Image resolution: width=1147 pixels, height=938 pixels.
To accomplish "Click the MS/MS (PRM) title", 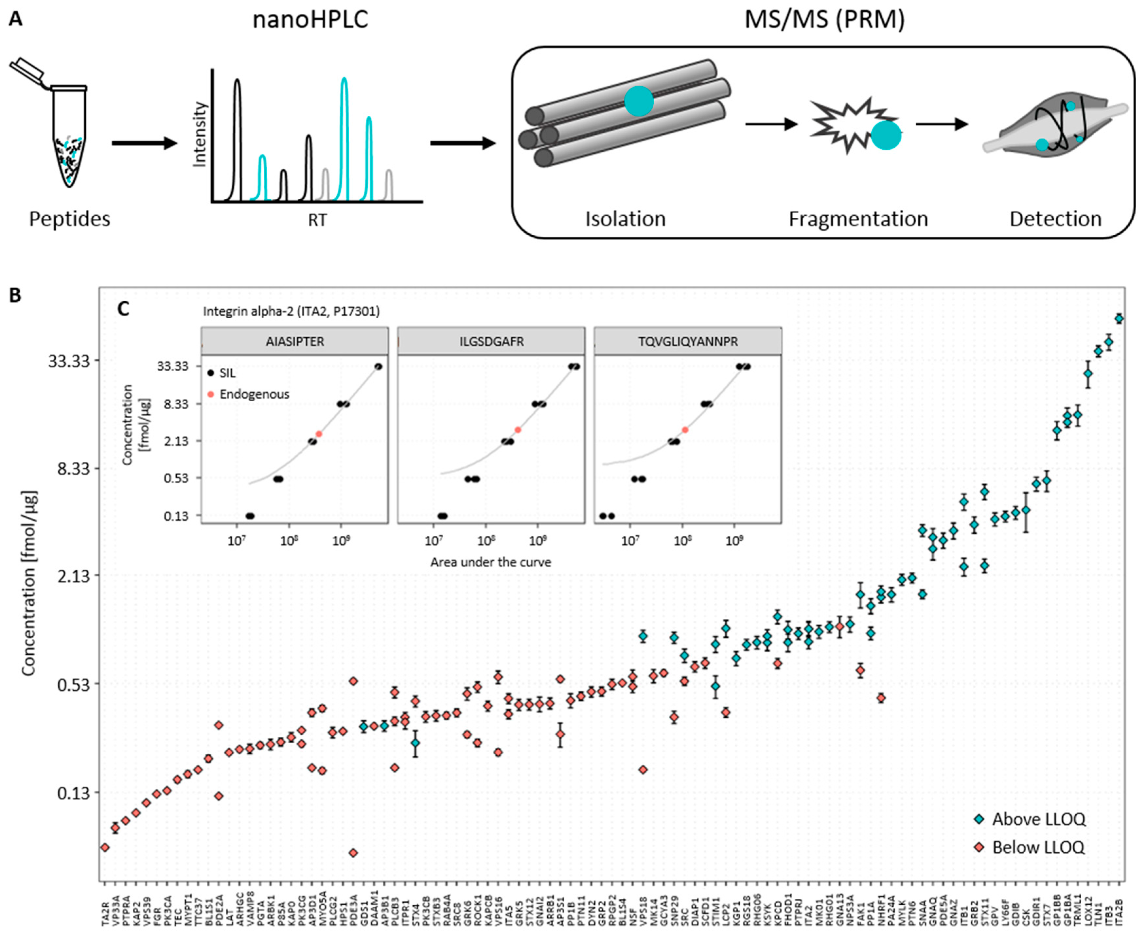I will pyautogui.click(x=824, y=20).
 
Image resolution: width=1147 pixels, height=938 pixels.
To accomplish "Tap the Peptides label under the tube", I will pyautogui.click(x=69, y=219).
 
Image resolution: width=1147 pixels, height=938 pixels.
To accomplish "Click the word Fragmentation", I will pyautogui.click(x=858, y=219).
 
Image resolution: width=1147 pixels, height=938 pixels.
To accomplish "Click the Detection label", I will pyautogui.click(x=1056, y=219).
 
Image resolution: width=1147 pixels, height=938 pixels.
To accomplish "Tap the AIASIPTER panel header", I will pyautogui.click(x=295, y=342).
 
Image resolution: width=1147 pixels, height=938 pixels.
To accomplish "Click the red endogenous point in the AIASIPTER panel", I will pyautogui.click(x=319, y=433).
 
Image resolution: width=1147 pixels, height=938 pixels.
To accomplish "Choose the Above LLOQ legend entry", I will pyautogui.click(x=1038, y=819).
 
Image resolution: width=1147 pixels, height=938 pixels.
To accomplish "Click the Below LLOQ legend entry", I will pyautogui.click(x=1038, y=847).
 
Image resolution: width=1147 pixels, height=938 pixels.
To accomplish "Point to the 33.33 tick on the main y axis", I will pyautogui.click(x=68, y=361).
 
